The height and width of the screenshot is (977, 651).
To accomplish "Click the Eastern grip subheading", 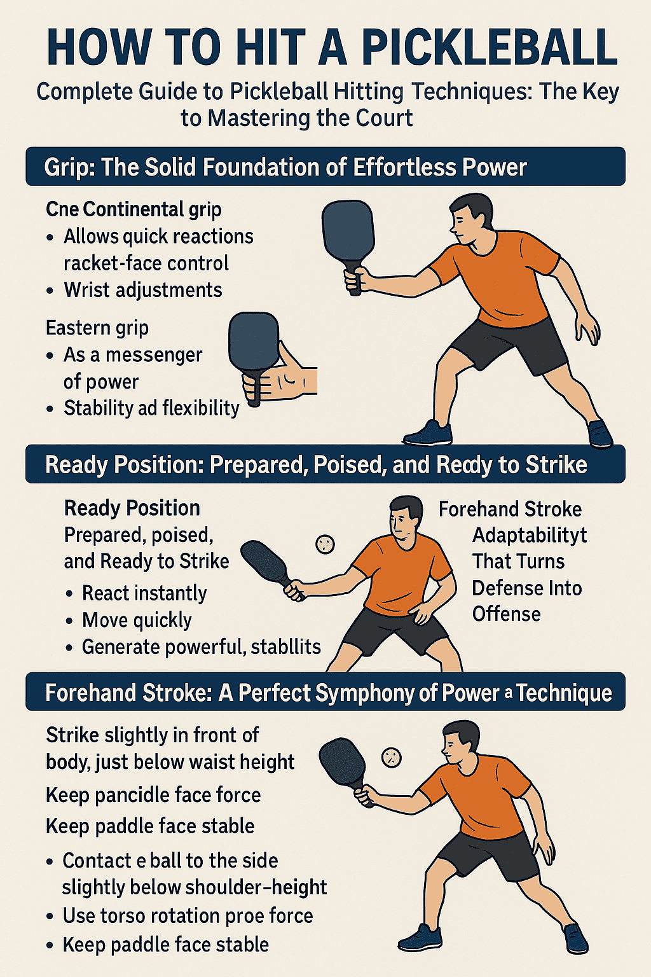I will [97, 328].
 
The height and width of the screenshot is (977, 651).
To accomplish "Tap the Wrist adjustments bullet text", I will [143, 290].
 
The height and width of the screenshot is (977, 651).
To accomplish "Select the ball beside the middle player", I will [325, 544].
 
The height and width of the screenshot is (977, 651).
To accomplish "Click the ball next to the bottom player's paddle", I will [391, 757].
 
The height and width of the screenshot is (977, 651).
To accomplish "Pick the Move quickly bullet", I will [137, 620].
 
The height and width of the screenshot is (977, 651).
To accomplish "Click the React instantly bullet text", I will [144, 593].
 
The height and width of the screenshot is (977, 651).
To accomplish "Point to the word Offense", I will [507, 614].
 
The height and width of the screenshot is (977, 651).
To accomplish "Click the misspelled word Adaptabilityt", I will [529, 535].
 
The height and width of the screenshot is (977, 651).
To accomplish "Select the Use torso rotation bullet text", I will [188, 916].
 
